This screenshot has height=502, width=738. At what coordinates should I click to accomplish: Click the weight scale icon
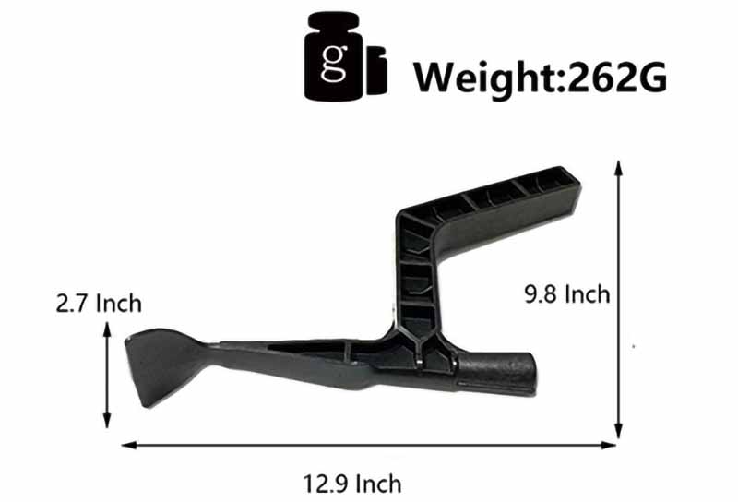(x=345, y=56)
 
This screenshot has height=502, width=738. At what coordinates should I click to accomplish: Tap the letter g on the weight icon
(x=335, y=63)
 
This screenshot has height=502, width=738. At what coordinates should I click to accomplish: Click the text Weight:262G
(x=540, y=78)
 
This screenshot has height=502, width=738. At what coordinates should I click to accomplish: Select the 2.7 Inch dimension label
(x=99, y=303)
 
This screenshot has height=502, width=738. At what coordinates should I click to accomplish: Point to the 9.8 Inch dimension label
(x=567, y=294)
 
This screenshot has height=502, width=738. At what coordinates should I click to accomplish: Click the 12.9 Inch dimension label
(x=352, y=484)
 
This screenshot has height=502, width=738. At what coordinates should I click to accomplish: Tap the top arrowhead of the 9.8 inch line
(x=619, y=168)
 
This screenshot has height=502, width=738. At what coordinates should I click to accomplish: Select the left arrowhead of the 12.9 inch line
(x=129, y=445)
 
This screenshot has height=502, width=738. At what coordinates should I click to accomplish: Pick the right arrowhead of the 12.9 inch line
(x=608, y=445)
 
